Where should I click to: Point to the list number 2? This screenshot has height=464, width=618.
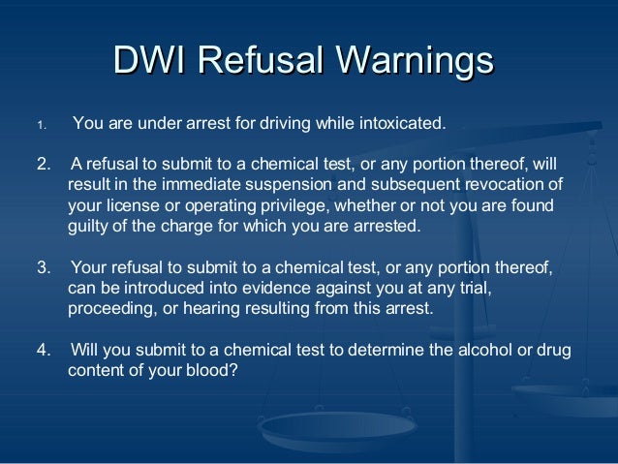point(43,162)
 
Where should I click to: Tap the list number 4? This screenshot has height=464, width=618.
point(43,350)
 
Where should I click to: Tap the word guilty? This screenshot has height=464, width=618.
point(93,228)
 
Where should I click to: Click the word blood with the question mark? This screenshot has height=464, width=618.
point(215,371)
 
